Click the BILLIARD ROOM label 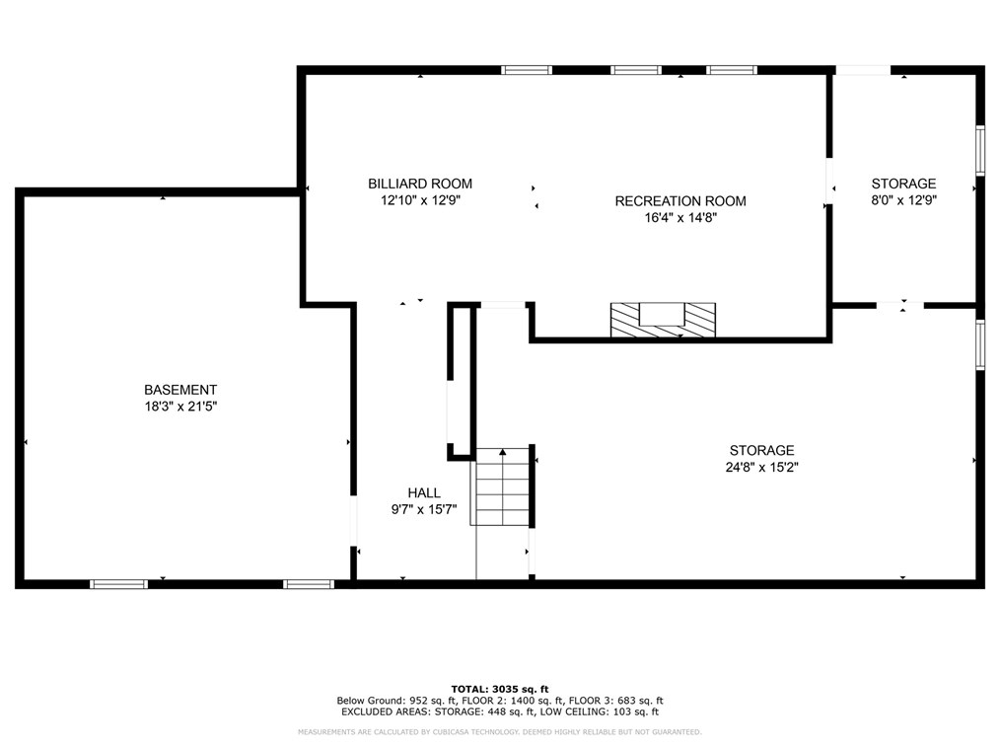click(420, 184)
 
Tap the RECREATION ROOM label click(680, 201)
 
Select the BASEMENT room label click(180, 390)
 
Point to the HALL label click(424, 492)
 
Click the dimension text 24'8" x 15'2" click(762, 467)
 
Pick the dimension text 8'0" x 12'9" click(903, 200)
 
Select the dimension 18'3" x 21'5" click(181, 407)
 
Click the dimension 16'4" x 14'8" click(680, 218)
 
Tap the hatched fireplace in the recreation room click(664, 320)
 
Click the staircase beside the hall click(503, 486)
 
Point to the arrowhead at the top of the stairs click(503, 452)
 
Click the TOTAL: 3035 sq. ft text click(500, 689)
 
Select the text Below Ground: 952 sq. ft click(396, 701)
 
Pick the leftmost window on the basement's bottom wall click(118, 584)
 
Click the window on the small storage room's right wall click(981, 151)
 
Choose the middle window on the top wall click(636, 70)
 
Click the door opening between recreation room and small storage click(829, 181)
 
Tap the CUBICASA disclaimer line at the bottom click(500, 732)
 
